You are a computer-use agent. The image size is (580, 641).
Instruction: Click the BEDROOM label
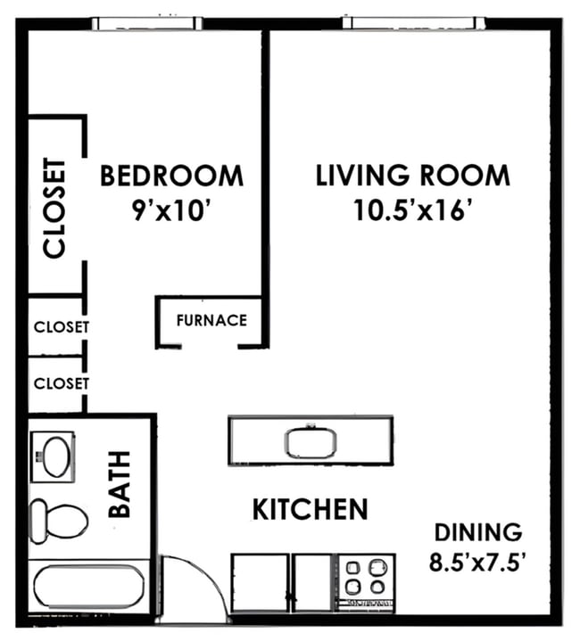click(171, 176)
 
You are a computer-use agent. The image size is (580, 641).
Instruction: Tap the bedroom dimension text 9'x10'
click(171, 211)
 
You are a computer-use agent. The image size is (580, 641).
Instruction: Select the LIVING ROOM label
click(413, 176)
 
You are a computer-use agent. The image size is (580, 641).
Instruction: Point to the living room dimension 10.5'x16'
click(413, 211)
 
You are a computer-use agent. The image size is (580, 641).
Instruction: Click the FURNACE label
click(211, 320)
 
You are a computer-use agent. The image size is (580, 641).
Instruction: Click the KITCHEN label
click(310, 510)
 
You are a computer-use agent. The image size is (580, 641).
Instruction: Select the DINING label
click(477, 533)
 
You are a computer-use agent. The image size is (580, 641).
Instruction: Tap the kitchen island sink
click(310, 440)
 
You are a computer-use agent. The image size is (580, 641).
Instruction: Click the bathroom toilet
click(57, 518)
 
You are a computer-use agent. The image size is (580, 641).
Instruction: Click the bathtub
click(87, 588)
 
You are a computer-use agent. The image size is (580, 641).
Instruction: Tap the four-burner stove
click(366, 577)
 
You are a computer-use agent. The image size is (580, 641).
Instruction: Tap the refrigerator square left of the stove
click(260, 584)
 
